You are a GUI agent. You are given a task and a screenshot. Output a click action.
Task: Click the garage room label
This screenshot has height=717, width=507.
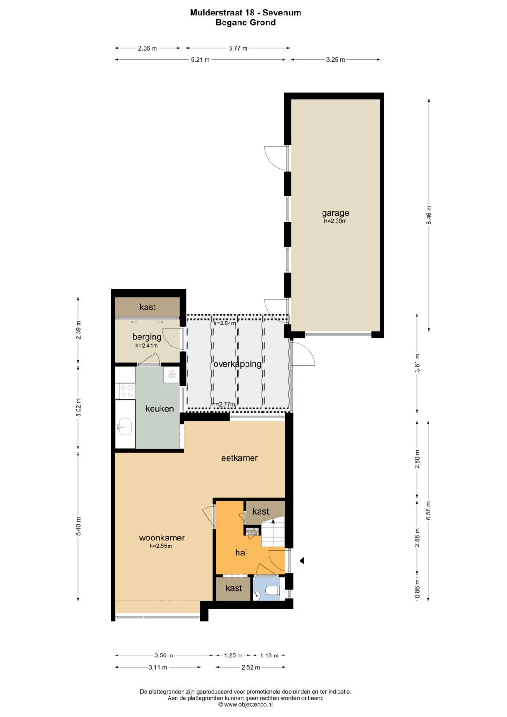[x=335, y=213]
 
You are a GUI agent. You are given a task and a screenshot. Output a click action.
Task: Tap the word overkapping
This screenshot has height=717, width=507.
[x=237, y=364]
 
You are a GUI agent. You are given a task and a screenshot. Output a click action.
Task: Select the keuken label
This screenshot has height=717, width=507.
[x=160, y=409]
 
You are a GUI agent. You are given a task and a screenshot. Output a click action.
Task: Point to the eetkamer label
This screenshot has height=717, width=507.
[x=239, y=458]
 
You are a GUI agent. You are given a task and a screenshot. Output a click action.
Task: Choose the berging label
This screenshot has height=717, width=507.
[x=147, y=337]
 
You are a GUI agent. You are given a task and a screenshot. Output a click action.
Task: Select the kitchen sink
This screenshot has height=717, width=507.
[x=125, y=427]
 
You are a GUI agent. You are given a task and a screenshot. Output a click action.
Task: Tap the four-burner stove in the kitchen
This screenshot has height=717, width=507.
[x=127, y=391]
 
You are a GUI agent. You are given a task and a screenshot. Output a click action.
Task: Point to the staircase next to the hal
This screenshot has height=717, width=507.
[x=273, y=532]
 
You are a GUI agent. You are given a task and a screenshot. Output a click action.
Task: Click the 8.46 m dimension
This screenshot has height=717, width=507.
[x=429, y=215]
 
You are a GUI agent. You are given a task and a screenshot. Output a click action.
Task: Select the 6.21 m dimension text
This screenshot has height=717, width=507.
[x=200, y=60]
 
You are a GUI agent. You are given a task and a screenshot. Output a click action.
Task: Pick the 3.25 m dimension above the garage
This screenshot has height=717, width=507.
[x=336, y=60]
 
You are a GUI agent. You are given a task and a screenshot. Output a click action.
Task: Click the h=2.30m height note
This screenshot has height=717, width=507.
[x=335, y=221]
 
